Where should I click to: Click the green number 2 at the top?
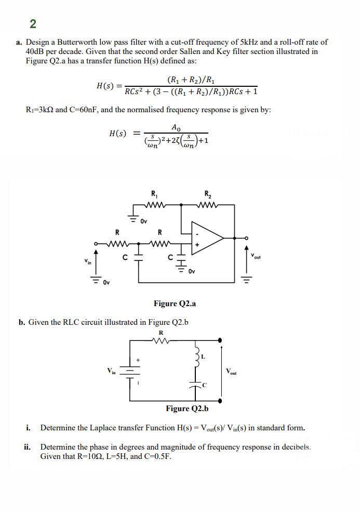33,24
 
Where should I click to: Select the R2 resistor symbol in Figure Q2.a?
208,204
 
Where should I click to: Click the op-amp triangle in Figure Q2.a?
206,238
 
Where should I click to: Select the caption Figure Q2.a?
175,304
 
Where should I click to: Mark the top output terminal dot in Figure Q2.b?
222,340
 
